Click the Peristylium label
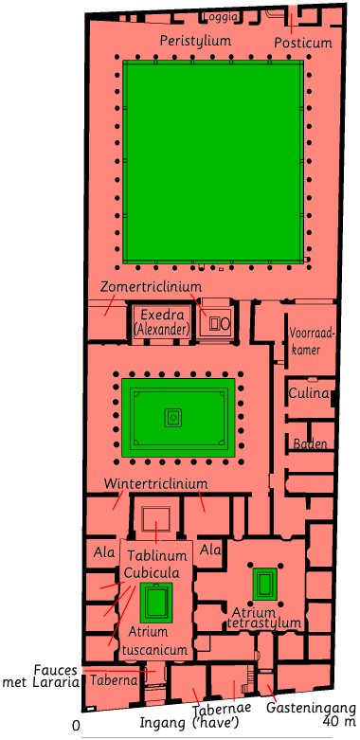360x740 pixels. pos(195,41)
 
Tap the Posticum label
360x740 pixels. pos(303,43)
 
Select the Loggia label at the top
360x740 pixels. pos(219,17)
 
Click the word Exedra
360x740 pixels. pos(162,316)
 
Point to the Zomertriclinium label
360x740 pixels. pos(151,286)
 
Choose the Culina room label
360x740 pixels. pos(309,393)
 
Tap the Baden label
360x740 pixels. pos(310,443)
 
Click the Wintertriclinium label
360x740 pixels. pos(155,484)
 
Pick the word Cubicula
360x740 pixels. pos(152,573)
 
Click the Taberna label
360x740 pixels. pos(114,680)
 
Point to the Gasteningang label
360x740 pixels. pos(311,708)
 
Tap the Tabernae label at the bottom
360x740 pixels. pos(221,709)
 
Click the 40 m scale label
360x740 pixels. pos(340,721)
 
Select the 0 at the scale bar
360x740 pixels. pos(76,726)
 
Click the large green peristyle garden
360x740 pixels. pos(213,161)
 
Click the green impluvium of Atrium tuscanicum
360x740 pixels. pos(155,603)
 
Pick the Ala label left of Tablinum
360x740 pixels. pos(104,552)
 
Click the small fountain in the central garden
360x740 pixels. pos(173,418)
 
